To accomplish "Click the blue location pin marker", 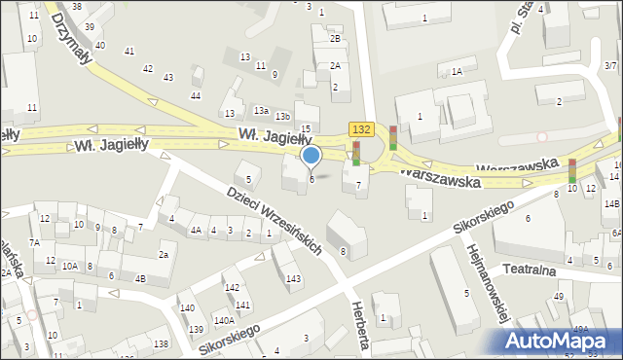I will click(x=311, y=156).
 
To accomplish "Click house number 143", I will click(x=293, y=279).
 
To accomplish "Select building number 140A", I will click(x=224, y=320).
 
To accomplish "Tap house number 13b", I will click(x=281, y=117).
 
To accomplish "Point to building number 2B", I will click(x=335, y=39).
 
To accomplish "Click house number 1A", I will click(x=457, y=71).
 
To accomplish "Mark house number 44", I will click(x=196, y=95).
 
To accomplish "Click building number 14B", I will click(x=610, y=203).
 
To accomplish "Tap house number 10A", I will click(x=70, y=266).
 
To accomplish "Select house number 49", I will click(x=559, y=296).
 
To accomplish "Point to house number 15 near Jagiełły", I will click(x=306, y=129).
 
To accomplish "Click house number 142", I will click(x=232, y=287).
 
